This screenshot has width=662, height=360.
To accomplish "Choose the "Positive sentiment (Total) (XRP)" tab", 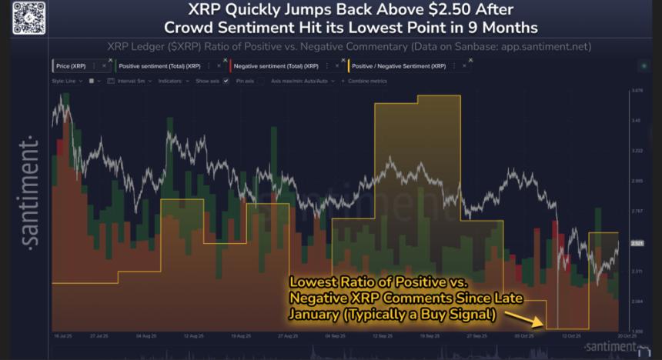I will pyautogui.click(x=153, y=66).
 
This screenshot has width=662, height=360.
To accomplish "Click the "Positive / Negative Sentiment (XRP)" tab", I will pyautogui.click(x=398, y=66).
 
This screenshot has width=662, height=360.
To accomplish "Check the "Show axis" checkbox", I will pyautogui.click(x=226, y=81).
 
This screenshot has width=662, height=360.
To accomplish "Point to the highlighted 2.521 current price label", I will pyautogui.click(x=637, y=244).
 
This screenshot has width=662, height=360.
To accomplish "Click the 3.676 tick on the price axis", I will pyautogui.click(x=637, y=91).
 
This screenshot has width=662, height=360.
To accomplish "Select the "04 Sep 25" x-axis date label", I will pyautogui.click(x=335, y=336).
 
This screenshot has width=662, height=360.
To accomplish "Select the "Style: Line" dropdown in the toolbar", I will pyautogui.click(x=68, y=81).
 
